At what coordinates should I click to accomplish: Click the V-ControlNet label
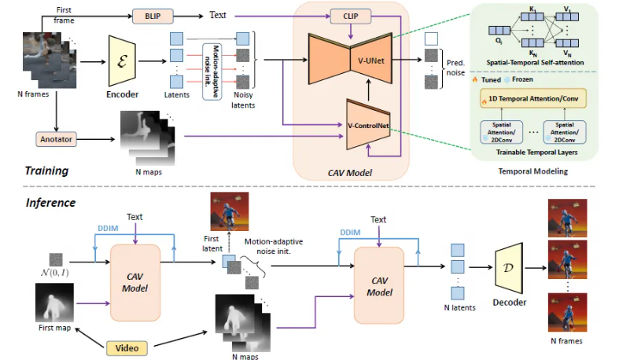[x=370, y=126]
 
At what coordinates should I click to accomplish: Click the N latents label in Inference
[x=458, y=307]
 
